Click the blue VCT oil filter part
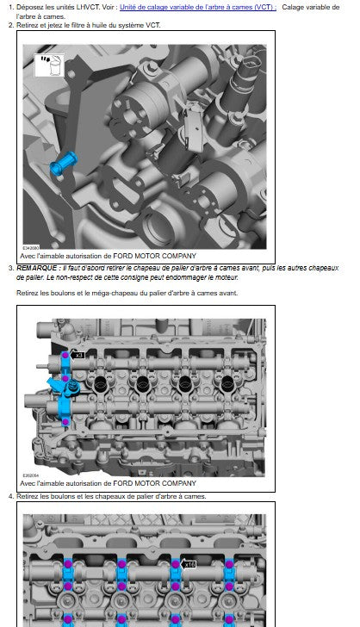coord(64,163)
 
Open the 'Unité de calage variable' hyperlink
coord(198,7)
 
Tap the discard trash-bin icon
coord(49,65)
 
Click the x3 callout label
coord(78,355)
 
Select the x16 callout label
coord(188,565)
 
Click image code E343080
coord(31,248)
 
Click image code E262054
coord(31,475)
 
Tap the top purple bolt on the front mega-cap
coord(65,355)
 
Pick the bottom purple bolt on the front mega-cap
coord(65,422)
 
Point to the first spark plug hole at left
coord(100,384)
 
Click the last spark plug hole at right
coord(227,384)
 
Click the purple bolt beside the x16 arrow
coord(175,564)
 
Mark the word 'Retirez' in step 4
coord(28,496)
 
